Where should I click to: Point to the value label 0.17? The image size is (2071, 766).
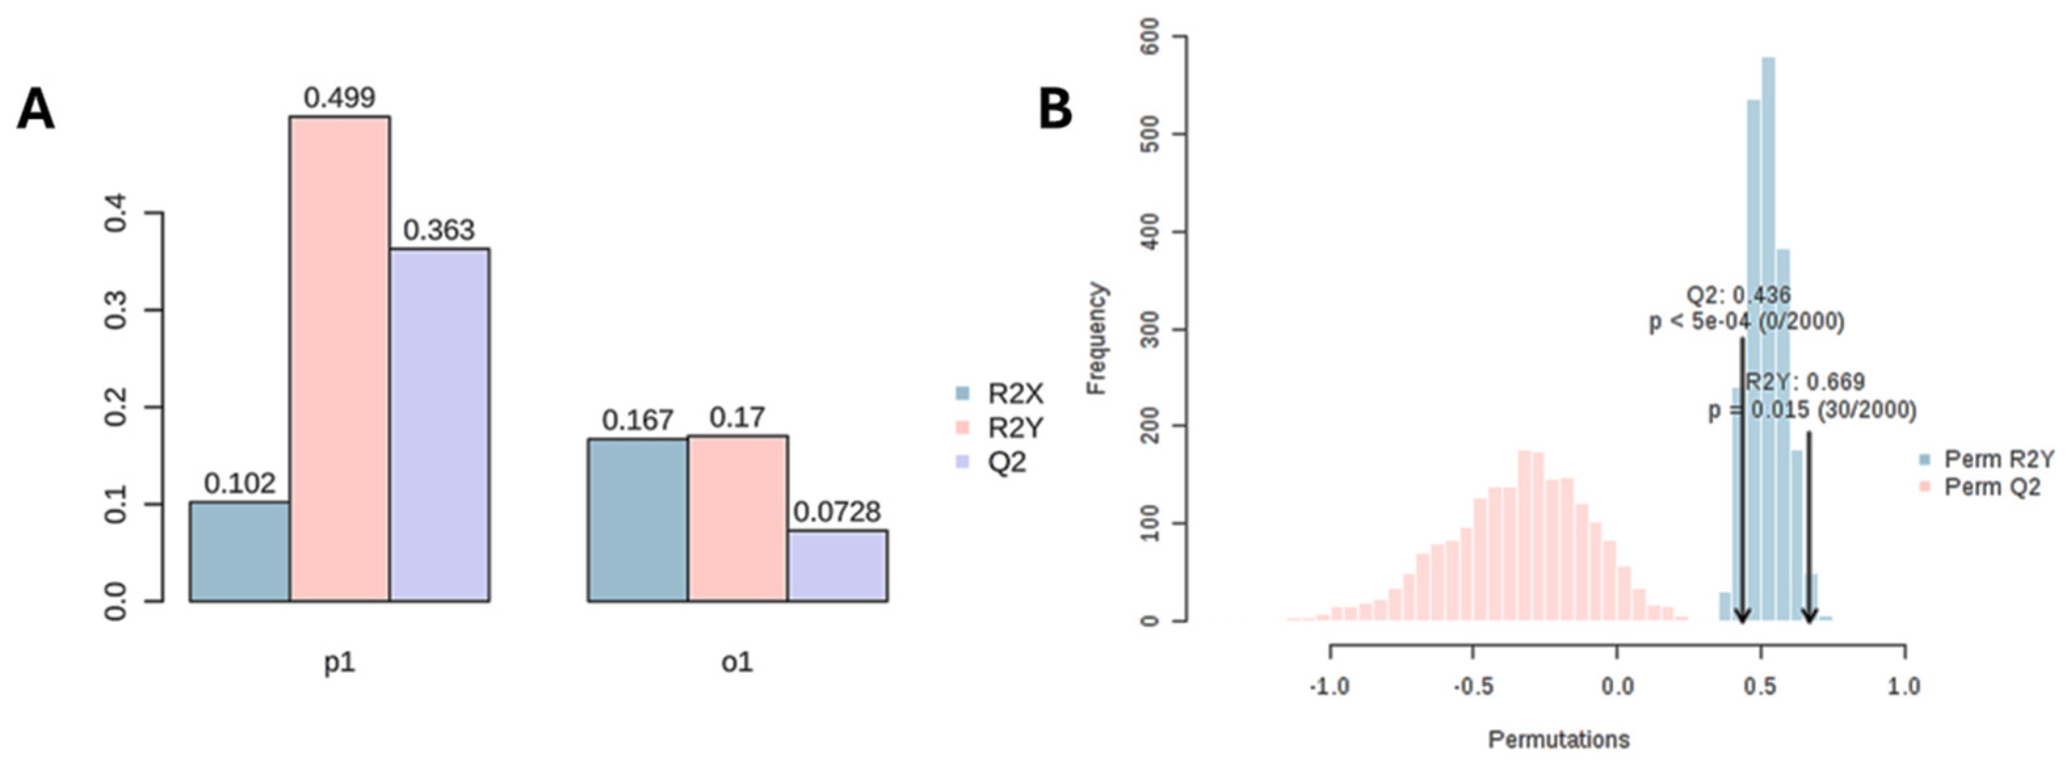point(737,417)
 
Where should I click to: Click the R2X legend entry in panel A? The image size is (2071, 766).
point(1000,394)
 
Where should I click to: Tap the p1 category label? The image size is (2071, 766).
point(339,663)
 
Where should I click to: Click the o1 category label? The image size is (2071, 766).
point(737,663)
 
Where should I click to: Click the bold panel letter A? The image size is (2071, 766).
point(36,110)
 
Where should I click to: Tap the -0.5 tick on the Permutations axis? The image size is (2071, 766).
point(1473,687)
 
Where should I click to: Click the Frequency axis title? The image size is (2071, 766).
point(1097,338)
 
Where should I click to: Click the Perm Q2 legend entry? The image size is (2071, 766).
point(1980,487)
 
